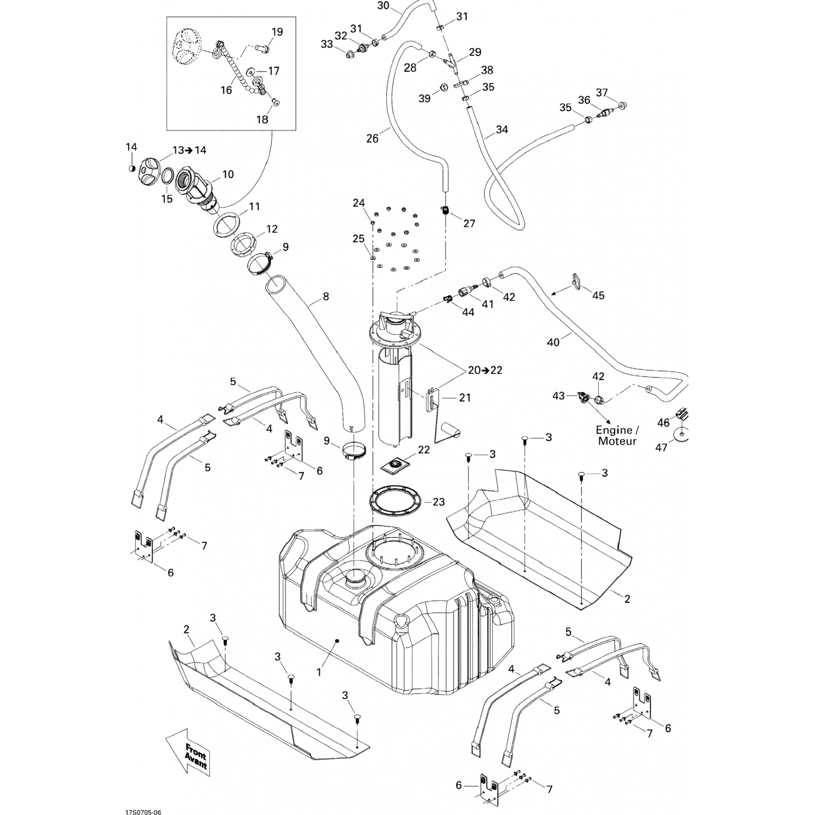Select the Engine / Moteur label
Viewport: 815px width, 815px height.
[617, 435]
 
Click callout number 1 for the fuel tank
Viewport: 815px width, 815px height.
[319, 672]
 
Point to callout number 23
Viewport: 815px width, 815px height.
[438, 502]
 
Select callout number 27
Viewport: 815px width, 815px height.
[469, 223]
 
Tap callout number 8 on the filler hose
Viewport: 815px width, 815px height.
[326, 297]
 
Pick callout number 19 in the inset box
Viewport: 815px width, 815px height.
[277, 32]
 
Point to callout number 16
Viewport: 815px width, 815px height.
[227, 90]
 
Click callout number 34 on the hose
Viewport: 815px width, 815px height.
[502, 130]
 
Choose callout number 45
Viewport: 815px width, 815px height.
[598, 296]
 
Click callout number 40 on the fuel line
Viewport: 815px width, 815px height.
[553, 343]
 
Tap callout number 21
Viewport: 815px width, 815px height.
[465, 398]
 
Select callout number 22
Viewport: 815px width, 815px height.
[424, 450]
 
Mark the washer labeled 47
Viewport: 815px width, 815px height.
[681, 435]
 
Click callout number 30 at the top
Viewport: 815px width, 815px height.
[383, 6]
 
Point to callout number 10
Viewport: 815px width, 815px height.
[228, 174]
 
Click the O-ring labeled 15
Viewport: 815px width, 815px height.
[168, 177]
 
